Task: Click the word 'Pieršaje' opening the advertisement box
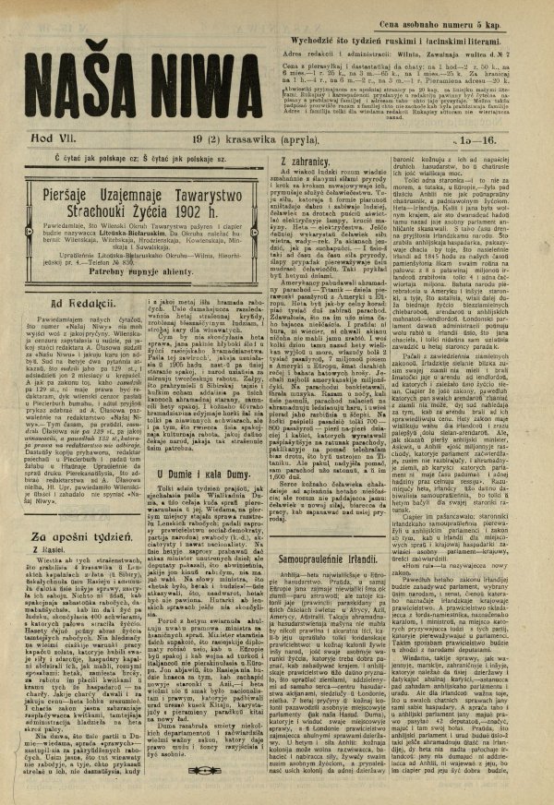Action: pyautogui.click(x=58, y=189)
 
